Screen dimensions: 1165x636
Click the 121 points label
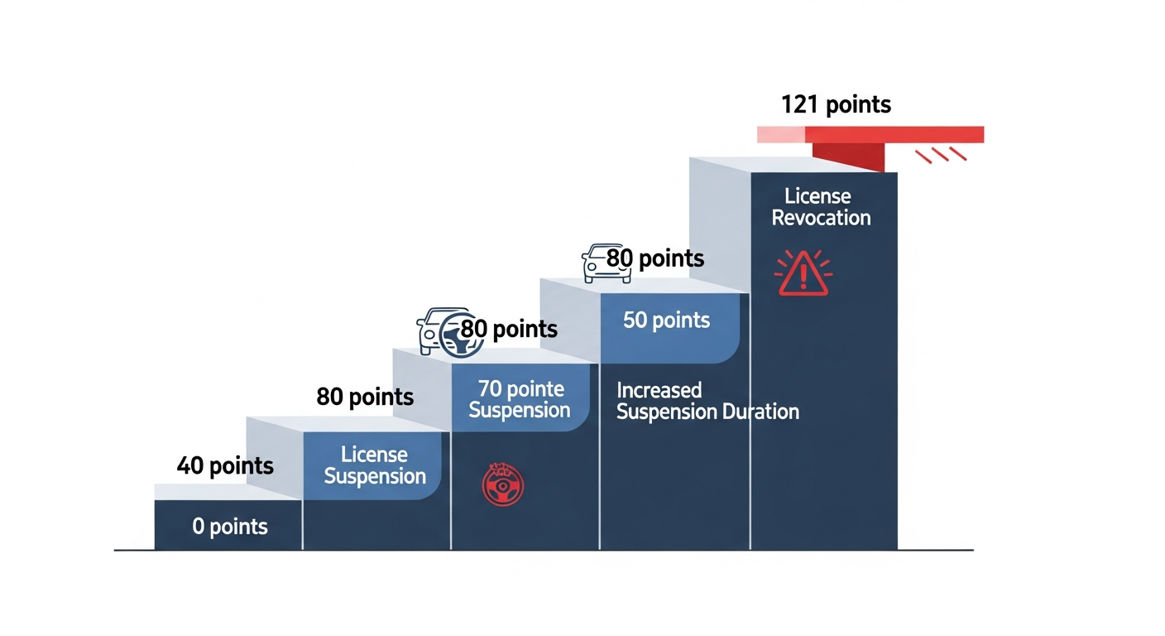[x=836, y=104]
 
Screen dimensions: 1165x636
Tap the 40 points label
[x=225, y=465]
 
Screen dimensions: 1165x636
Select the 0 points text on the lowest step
[x=230, y=526]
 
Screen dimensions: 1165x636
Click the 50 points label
[x=666, y=320]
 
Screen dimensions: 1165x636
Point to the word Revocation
[x=822, y=218]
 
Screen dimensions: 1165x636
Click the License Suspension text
[x=375, y=465]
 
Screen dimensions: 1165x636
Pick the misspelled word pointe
[x=536, y=389]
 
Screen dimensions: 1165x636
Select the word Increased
[x=659, y=390]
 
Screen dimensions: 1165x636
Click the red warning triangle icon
[x=803, y=274]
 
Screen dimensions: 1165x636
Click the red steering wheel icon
[x=502, y=484]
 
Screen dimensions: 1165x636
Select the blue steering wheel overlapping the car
[x=460, y=335]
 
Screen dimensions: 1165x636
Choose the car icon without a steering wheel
[x=606, y=263]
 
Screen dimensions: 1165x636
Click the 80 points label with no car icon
[x=365, y=397]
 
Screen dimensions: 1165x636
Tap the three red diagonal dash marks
[x=941, y=155]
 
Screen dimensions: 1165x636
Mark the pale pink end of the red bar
[x=780, y=134]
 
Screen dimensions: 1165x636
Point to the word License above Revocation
[x=817, y=196]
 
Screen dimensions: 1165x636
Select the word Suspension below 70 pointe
[x=520, y=410]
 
